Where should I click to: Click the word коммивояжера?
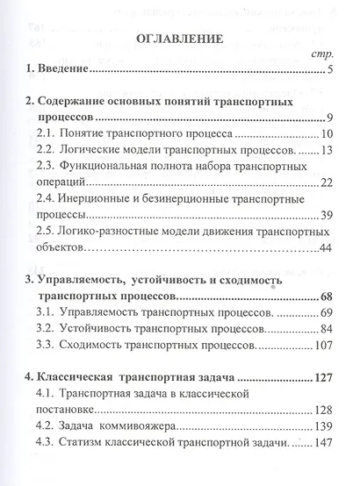181,430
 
